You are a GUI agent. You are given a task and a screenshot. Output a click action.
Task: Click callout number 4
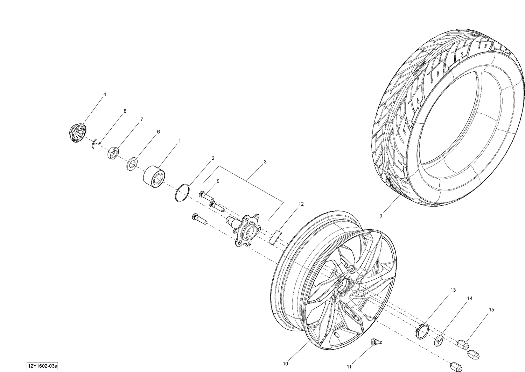(x=104, y=94)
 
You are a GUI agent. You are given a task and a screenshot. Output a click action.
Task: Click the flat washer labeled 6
(x=132, y=163)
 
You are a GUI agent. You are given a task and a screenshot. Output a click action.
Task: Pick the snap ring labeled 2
(x=182, y=193)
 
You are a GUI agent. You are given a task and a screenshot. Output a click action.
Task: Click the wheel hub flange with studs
(x=246, y=229)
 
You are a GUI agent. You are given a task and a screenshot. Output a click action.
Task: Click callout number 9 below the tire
(x=381, y=216)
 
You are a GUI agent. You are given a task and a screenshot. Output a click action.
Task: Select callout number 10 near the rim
(x=285, y=364)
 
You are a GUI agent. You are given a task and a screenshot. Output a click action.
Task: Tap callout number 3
(x=265, y=162)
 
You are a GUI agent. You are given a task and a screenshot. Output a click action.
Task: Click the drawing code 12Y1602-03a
(x=43, y=366)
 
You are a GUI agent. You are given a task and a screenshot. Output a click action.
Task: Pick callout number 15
(x=492, y=310)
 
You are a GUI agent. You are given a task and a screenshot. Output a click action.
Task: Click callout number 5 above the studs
(x=218, y=181)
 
